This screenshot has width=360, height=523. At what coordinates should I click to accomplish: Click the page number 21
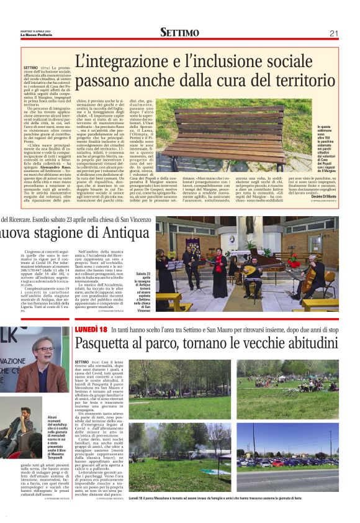point(334,33)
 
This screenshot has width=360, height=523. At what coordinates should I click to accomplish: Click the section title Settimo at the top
point(179,32)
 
